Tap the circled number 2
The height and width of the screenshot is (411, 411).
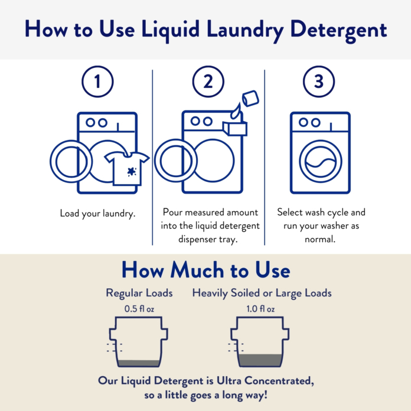208,82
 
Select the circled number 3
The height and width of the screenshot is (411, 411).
319,82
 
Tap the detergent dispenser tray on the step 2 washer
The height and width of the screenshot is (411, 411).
234,128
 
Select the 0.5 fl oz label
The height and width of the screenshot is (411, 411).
139,308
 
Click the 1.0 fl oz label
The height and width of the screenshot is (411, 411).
261,308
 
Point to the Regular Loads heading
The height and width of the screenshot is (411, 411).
139,293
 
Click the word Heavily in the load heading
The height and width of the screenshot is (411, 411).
211,293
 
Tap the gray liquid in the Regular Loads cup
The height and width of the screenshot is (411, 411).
139,363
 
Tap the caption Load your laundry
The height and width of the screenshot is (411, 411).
97,213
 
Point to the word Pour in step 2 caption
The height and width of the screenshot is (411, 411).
171,212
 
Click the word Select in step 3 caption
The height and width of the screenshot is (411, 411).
291,212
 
